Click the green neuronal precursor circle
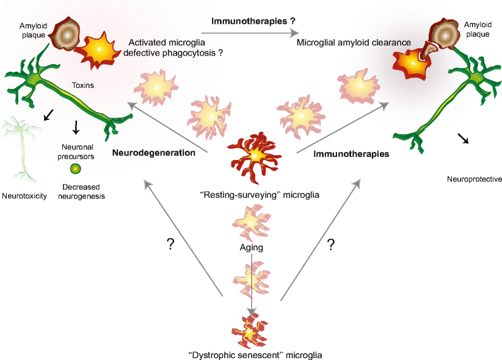point(75,168)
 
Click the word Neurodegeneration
point(153,153)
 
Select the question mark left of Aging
point(171,244)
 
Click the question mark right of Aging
point(331,245)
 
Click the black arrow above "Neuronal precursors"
point(76,128)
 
